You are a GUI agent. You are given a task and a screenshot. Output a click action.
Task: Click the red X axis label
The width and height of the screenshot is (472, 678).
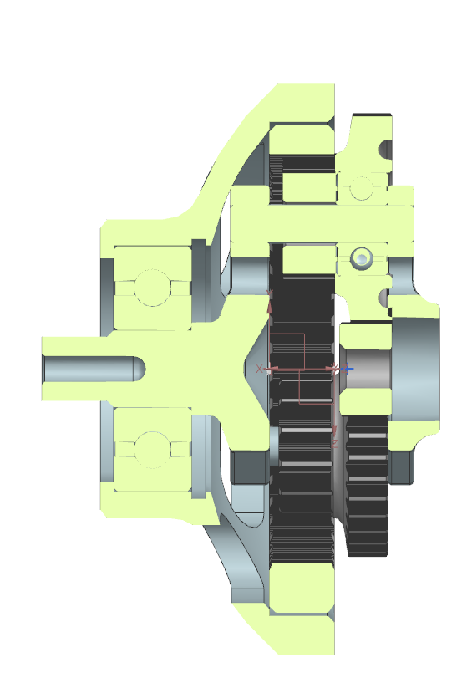(x=259, y=369)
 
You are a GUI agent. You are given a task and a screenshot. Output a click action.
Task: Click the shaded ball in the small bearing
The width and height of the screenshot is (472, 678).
(x=361, y=258)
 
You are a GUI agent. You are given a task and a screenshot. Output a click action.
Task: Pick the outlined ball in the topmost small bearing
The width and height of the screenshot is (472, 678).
(x=361, y=188)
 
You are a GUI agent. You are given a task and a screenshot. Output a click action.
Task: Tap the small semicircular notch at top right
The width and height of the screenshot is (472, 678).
(x=386, y=150)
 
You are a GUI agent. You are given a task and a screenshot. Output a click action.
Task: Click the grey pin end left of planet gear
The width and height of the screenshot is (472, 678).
(x=249, y=274)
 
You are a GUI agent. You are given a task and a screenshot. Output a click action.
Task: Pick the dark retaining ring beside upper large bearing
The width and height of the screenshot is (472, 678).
(x=198, y=280)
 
